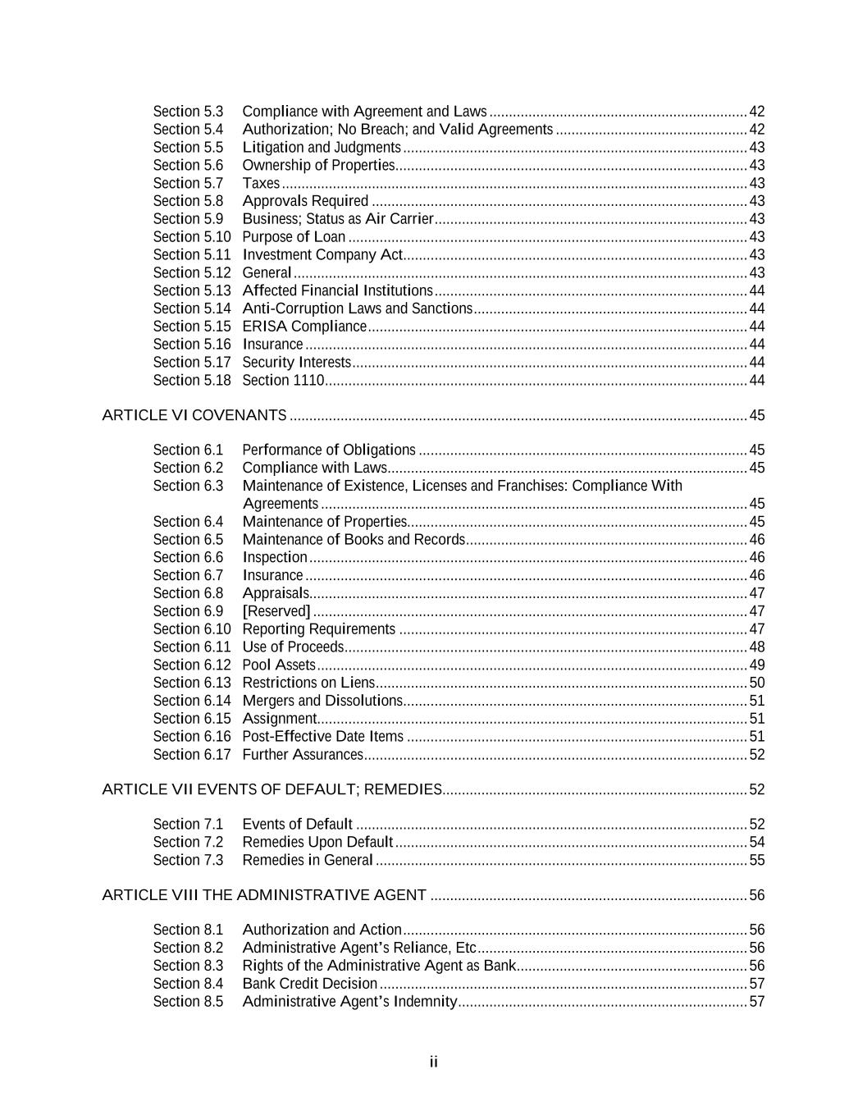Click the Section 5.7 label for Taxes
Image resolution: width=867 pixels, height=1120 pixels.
click(188, 183)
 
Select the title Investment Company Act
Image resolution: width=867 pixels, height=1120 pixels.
click(322, 255)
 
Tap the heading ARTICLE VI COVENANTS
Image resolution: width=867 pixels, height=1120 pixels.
click(194, 415)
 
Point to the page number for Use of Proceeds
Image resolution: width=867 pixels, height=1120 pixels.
click(756, 647)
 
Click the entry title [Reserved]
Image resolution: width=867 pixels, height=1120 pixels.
click(276, 611)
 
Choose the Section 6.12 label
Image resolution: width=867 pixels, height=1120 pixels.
click(192, 665)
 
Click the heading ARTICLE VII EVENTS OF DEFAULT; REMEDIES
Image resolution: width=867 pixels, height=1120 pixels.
click(272, 789)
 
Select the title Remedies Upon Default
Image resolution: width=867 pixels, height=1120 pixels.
click(317, 843)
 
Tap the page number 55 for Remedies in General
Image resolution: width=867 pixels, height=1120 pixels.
click(756, 861)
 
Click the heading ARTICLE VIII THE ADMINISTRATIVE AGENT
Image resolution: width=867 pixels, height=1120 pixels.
click(264, 895)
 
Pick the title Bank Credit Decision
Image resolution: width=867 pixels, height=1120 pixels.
click(310, 984)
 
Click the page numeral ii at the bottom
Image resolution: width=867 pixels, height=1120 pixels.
click(433, 1063)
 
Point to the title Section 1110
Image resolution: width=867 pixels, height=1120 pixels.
click(283, 381)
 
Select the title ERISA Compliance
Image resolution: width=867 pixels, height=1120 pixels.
click(304, 327)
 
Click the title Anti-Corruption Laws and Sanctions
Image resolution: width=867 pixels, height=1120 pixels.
click(358, 309)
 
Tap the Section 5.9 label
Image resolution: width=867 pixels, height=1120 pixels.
click(188, 219)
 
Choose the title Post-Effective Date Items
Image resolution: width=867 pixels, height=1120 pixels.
click(323, 737)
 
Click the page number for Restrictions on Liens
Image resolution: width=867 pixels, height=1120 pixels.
click(756, 683)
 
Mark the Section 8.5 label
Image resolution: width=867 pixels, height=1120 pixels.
click(188, 1002)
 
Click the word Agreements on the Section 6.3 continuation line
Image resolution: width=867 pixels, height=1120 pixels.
click(281, 504)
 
